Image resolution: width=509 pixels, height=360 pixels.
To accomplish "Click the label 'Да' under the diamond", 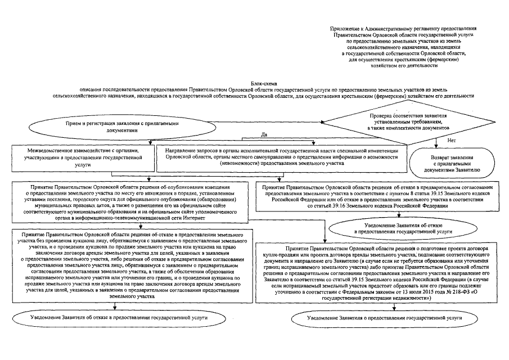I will click(x=264, y=135).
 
